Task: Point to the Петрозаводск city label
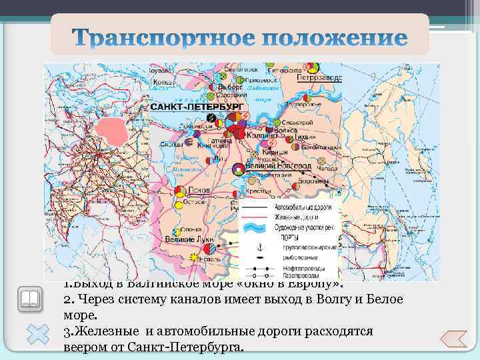point(319,77)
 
